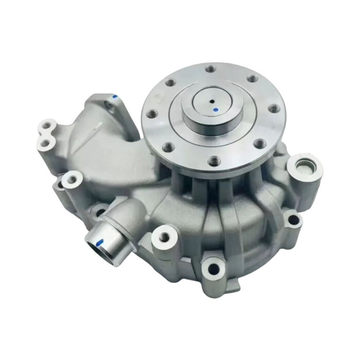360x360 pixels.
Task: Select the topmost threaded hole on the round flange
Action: (x=209, y=67)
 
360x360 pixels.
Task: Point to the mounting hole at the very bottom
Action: (x=212, y=267)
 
